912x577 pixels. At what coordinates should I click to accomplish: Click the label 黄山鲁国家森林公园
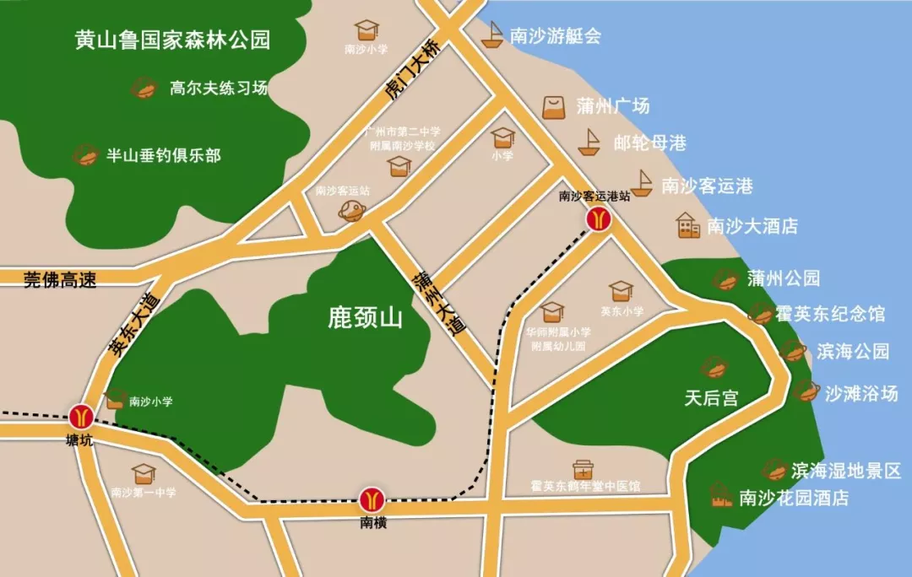pyautogui.click(x=172, y=40)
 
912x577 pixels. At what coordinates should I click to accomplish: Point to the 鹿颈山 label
pyautogui.click(x=366, y=318)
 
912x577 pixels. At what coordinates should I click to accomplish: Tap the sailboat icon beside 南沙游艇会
pyautogui.click(x=492, y=35)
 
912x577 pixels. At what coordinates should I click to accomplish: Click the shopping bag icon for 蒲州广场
pyautogui.click(x=554, y=107)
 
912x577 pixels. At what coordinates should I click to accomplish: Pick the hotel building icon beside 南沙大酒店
pyautogui.click(x=688, y=225)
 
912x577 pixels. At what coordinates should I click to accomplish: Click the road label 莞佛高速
pyautogui.click(x=59, y=280)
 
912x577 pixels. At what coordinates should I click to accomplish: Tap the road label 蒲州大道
pyautogui.click(x=439, y=304)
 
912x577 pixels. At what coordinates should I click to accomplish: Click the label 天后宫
pyautogui.click(x=711, y=398)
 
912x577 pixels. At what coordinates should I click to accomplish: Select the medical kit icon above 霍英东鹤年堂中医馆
pyautogui.click(x=583, y=469)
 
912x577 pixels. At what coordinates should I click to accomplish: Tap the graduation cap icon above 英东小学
pyautogui.click(x=621, y=291)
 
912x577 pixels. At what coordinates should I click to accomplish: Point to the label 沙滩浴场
pyautogui.click(x=861, y=392)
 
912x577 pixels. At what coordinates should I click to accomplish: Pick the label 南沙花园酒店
pyautogui.click(x=794, y=498)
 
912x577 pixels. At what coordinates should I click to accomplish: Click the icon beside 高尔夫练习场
pyautogui.click(x=144, y=88)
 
